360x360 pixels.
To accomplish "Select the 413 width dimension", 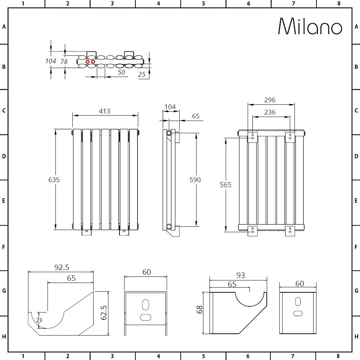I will click(104, 111).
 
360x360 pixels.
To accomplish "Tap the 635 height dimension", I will click(54, 179).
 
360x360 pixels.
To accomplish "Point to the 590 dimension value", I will click(195, 180).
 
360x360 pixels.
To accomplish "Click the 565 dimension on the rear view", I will click(225, 185).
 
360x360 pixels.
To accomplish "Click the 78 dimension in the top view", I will click(64, 62).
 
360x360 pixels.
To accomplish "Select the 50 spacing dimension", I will click(121, 72).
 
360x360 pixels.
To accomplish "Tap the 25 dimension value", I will click(141, 74).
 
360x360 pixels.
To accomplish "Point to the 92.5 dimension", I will click(62, 267).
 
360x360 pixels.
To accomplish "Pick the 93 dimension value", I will click(240, 275).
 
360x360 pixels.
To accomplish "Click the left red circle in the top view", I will click(87, 62).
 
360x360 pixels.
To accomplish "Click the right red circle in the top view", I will click(93, 62).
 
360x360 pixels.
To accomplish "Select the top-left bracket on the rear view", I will click(253, 137).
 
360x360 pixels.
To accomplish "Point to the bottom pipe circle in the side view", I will click(169, 227).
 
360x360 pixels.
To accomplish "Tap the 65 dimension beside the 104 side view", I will click(195, 116).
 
